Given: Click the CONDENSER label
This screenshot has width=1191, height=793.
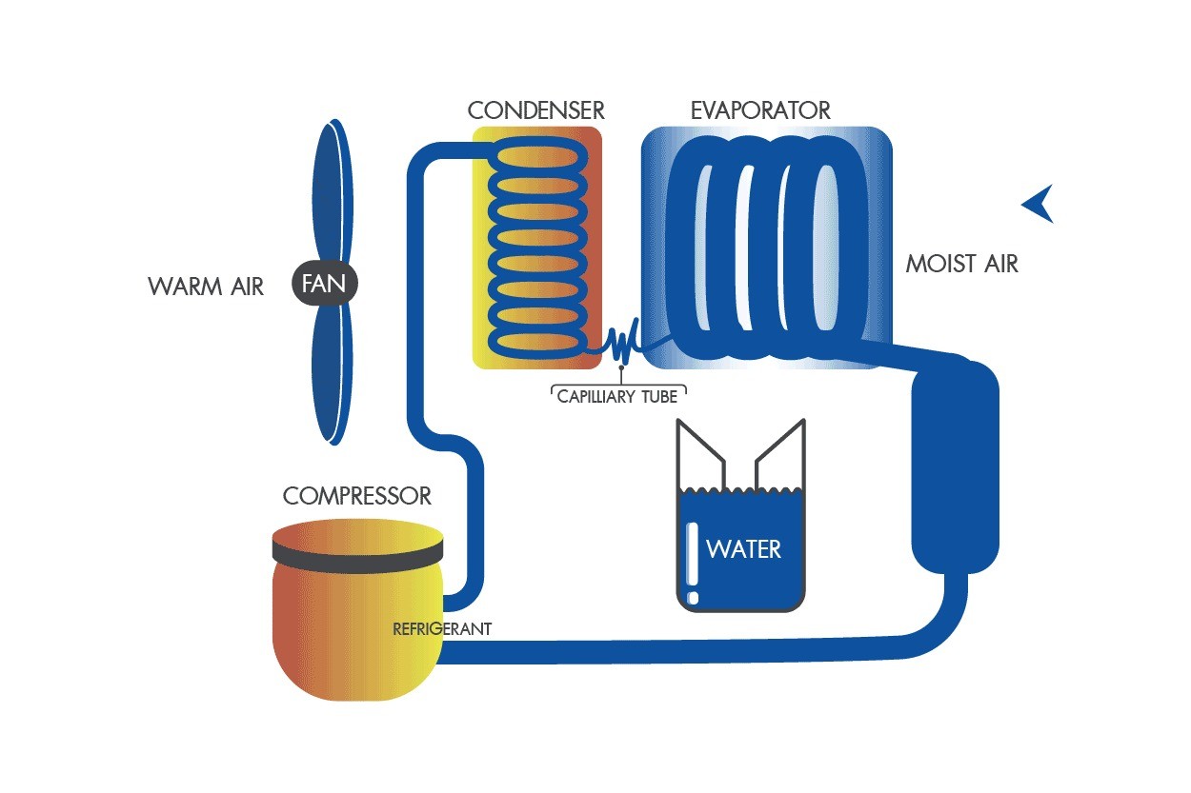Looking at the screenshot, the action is (x=535, y=110).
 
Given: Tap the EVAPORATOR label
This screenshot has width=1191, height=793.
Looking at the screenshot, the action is (x=760, y=110).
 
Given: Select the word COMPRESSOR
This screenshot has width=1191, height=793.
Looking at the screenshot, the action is (x=356, y=496).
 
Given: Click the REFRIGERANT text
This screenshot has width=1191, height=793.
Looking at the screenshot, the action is (x=442, y=629).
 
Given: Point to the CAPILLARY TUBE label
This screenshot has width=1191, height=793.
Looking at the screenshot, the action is (x=617, y=397).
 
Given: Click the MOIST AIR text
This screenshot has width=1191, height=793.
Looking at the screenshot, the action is (x=961, y=264).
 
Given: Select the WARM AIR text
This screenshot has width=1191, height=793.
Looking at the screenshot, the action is (x=206, y=287).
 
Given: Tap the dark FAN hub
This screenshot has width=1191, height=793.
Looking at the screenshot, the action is (x=324, y=283).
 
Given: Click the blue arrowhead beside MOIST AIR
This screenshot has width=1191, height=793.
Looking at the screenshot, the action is (x=1038, y=204).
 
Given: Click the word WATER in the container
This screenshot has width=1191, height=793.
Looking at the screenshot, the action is (x=743, y=549).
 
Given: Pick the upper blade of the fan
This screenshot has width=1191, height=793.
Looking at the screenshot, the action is (x=333, y=191).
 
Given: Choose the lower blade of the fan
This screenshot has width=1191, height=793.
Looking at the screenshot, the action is (x=333, y=374).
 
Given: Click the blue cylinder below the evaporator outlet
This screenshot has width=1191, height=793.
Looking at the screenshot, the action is (x=955, y=466).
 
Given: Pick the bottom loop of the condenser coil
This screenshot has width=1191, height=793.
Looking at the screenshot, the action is (x=537, y=342).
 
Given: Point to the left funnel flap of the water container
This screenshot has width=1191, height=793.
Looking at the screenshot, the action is (x=700, y=453).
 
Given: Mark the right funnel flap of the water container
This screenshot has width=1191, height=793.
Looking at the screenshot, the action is (x=780, y=453).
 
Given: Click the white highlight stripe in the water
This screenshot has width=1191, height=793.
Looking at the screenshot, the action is (x=693, y=563).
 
